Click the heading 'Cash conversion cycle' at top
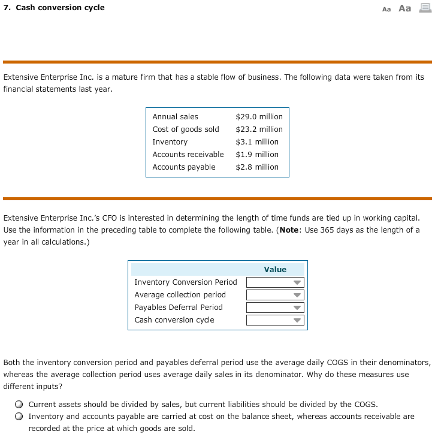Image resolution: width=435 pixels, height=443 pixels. pos(59,8)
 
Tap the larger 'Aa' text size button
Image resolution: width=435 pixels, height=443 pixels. pos(405,8)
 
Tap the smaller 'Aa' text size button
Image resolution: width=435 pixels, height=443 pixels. pos(386,9)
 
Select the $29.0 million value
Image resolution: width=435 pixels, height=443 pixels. pos(259,117)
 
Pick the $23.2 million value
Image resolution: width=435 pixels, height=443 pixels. pos(259,129)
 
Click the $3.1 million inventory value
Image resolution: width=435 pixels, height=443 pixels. pos(257,142)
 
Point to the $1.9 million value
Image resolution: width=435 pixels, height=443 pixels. pos(257,155)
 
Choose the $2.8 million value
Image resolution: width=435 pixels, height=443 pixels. pos(257,167)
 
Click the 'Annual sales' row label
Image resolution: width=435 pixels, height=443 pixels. pos(175,117)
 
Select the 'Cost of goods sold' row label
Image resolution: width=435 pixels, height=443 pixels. pos(186,129)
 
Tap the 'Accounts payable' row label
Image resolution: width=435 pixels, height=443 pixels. pos(184,167)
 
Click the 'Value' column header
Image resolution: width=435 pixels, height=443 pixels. pos(275,270)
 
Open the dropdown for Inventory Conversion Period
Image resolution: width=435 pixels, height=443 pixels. pos(276,282)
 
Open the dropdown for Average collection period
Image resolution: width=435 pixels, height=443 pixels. pos(276,295)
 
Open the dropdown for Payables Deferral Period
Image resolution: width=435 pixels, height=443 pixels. pos(276,308)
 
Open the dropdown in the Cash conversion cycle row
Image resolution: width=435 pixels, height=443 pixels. pos(276,320)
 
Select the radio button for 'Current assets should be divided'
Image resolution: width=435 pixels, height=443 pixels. pos(20,405)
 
